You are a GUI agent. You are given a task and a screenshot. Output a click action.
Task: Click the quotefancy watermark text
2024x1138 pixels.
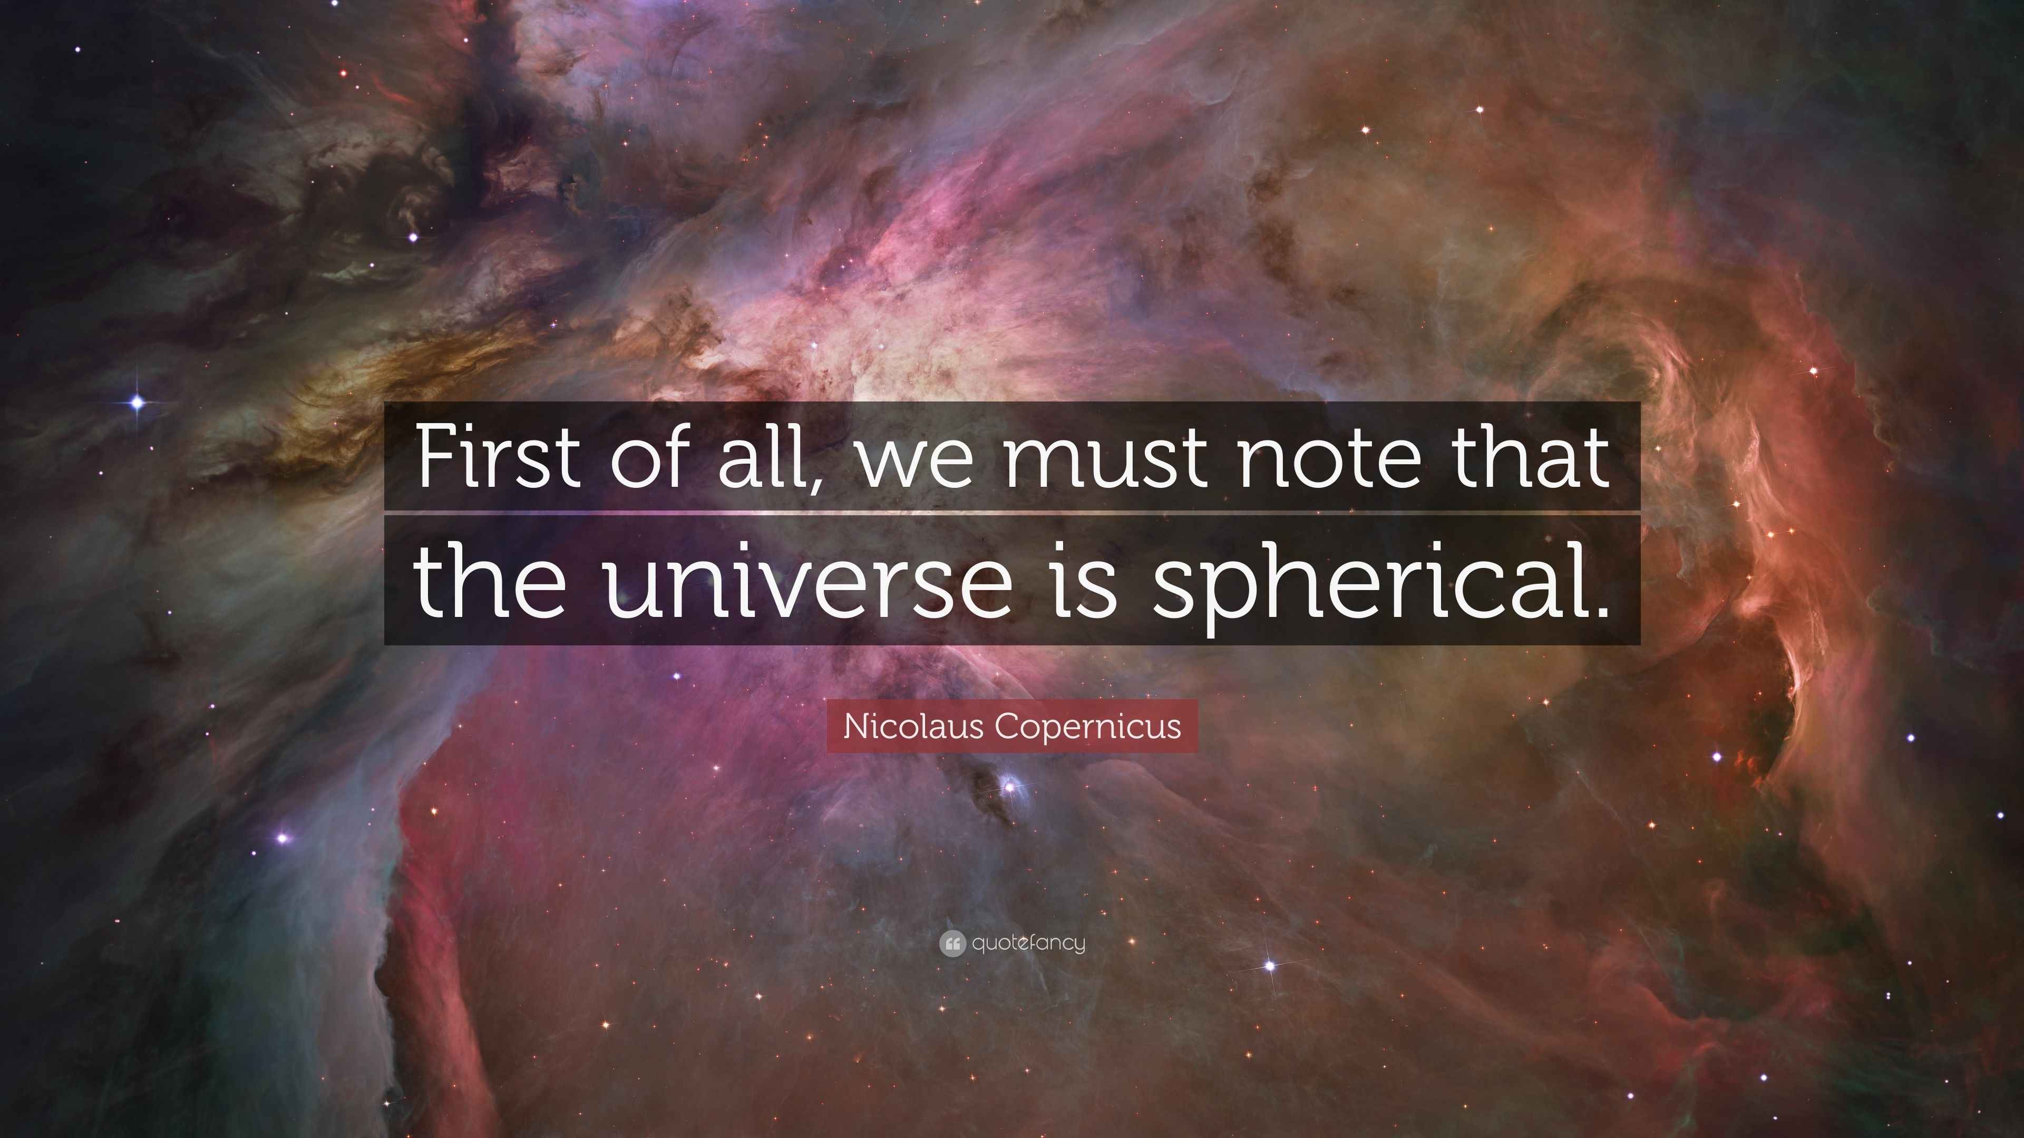click(1028, 943)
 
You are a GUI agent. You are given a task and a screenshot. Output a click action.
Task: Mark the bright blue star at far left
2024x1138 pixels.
click(138, 403)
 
